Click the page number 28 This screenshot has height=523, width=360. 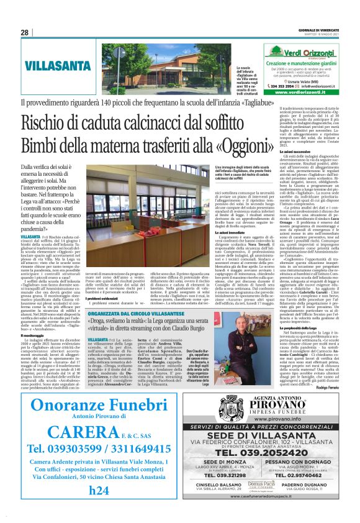coord(24,32)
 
